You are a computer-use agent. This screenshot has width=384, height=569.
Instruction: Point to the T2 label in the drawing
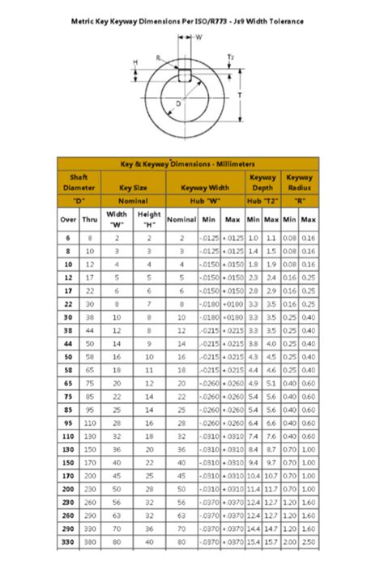(231, 57)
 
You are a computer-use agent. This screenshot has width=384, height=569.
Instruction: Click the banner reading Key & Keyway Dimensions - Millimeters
(188, 163)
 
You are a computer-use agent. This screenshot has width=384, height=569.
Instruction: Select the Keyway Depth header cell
(262, 182)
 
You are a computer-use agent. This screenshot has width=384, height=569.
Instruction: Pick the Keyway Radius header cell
(300, 182)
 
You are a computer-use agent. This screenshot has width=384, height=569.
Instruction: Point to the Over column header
(67, 219)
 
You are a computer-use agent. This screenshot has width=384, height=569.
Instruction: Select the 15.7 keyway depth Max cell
(271, 541)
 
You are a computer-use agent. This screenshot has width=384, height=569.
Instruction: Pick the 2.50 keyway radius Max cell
(309, 541)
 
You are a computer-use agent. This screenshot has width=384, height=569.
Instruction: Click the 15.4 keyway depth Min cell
(253, 541)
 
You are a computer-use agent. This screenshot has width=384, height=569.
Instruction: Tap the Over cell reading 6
(67, 238)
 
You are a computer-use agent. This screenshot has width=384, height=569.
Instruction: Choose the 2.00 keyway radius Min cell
(290, 541)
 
